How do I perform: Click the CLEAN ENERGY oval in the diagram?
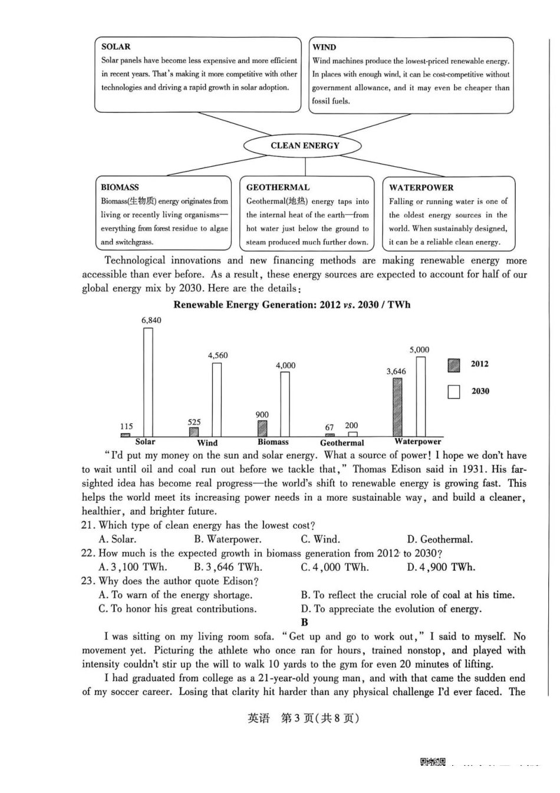pos(304,146)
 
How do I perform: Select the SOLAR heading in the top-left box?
pos(116,47)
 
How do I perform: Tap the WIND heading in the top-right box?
pos(324,47)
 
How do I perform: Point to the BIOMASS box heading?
pos(120,187)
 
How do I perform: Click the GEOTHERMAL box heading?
pos(278,187)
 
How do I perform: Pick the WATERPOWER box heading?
pos(421,187)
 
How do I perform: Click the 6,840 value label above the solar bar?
pos(151,320)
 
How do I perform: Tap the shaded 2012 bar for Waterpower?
pos(397,407)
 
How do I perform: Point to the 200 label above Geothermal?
pos(351,425)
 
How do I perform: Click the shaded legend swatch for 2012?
pos(453,366)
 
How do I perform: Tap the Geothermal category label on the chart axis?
pos(342,443)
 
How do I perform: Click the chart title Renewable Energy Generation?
pos(292,305)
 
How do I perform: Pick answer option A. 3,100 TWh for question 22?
pos(133,567)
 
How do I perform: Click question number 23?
pos(88,581)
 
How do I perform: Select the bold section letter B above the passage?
pos(304,622)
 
